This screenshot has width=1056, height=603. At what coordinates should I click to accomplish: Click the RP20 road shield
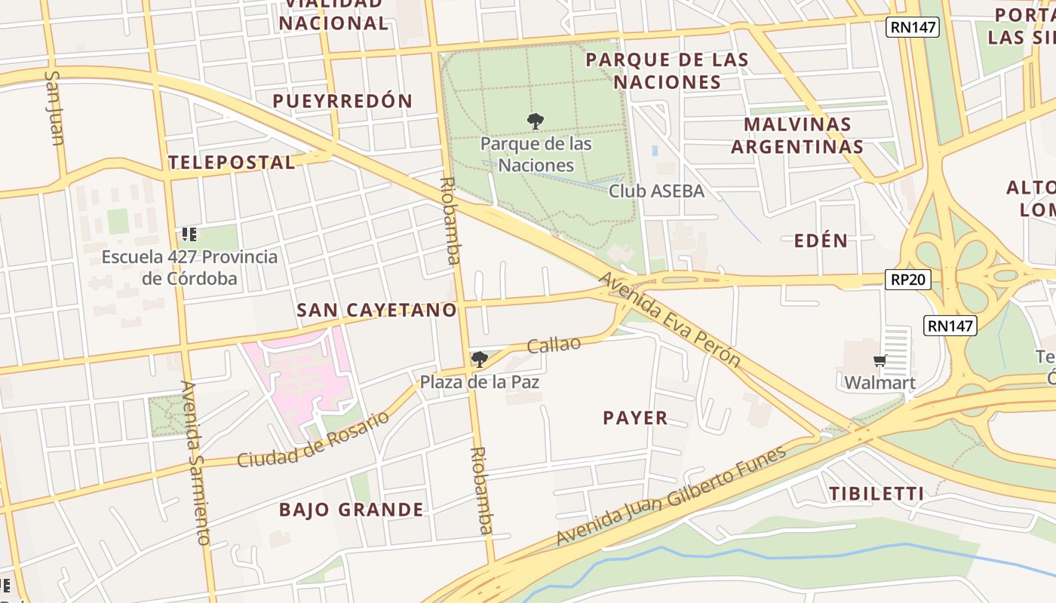[907, 280]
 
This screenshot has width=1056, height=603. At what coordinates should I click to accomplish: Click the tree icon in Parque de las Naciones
[536, 121]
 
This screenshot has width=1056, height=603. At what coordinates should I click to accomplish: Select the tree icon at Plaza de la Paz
[479, 360]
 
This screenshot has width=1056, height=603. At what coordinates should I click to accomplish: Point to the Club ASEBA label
[656, 191]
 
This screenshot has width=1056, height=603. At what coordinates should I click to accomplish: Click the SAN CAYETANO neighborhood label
[376, 310]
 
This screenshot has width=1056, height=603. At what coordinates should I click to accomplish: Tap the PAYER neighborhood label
[635, 418]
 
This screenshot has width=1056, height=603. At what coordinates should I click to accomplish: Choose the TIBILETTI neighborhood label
[876, 494]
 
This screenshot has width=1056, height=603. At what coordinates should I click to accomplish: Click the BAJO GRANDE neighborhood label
[351, 510]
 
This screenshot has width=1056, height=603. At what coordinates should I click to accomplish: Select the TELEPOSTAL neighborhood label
[231, 162]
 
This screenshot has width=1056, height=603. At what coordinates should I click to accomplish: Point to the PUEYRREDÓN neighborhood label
[342, 101]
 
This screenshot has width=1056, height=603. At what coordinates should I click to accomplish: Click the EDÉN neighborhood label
[821, 240]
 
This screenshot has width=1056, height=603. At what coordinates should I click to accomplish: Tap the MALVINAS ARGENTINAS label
[797, 135]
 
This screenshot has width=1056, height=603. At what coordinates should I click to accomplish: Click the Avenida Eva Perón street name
[670, 320]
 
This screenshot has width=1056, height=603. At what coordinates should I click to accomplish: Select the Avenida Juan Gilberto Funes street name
[671, 496]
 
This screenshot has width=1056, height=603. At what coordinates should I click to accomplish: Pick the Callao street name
[554, 344]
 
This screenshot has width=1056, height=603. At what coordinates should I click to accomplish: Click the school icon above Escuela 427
[189, 234]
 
